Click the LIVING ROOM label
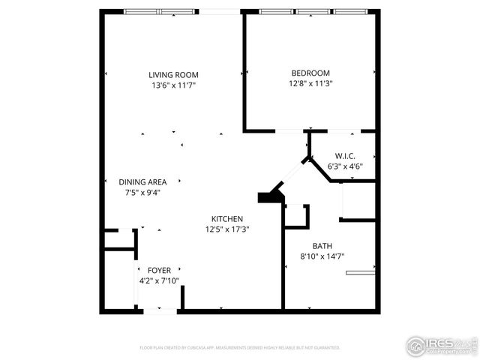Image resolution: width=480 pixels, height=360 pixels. tap(172, 74)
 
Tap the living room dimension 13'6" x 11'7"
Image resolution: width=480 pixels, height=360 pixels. tap(172, 85)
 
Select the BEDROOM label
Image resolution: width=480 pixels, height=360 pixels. tap(310, 73)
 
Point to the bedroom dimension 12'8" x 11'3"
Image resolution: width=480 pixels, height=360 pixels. tap(310, 83)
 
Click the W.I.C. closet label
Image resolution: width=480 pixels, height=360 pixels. tap(345, 156)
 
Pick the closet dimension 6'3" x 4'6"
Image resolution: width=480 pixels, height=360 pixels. tap(345, 166)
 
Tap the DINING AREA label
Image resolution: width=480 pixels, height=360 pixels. tap(142, 181)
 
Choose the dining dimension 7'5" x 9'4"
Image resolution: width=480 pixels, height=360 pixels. tap(142, 192)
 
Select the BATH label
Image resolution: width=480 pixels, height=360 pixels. tap(322, 246)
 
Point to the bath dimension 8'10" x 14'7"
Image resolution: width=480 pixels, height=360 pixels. tap(322, 256)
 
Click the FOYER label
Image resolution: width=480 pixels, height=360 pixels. tap(158, 270)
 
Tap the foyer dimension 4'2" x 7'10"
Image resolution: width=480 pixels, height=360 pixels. tap(158, 280)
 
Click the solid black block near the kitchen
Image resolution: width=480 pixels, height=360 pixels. tap(268, 197)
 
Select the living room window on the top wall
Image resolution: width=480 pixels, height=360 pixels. tap(161, 11)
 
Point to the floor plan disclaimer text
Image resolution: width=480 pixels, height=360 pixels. tap(240, 348)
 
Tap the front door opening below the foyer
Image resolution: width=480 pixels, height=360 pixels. tap(158, 310)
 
